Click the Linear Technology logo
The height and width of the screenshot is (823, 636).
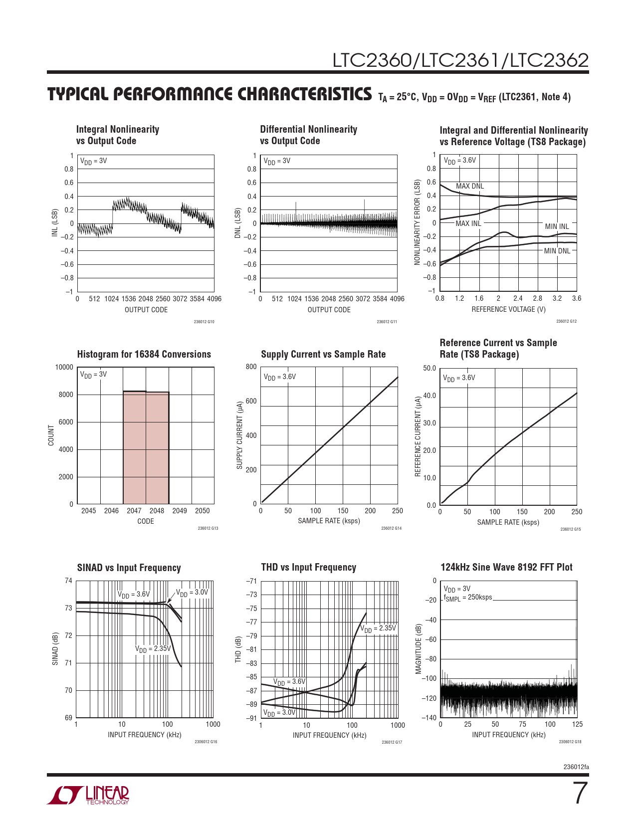click(88, 795)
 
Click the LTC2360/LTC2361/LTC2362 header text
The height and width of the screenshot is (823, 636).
click(460, 60)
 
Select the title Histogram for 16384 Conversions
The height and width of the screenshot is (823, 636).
click(144, 355)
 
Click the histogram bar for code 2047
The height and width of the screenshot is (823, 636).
click(134, 447)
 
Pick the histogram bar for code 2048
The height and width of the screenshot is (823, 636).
click(157, 448)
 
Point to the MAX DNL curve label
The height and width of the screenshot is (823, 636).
click(469, 186)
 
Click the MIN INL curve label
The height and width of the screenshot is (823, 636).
click(557, 226)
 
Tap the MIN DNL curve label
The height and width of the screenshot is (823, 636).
click(557, 251)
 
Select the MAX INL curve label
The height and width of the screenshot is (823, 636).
click(468, 223)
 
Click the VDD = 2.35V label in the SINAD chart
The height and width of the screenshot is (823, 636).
click(153, 649)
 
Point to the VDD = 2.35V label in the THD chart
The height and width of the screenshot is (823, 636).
click(378, 628)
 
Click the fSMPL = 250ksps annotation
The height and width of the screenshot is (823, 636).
click(467, 598)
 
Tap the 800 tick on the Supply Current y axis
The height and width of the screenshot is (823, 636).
click(251, 367)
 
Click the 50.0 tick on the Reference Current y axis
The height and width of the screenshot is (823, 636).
click(429, 369)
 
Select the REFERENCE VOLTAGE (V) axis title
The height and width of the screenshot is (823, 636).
click(508, 309)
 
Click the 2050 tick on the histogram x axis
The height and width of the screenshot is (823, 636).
click(202, 511)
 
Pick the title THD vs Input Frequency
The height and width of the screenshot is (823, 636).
click(308, 568)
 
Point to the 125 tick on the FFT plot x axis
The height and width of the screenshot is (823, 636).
click(577, 724)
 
